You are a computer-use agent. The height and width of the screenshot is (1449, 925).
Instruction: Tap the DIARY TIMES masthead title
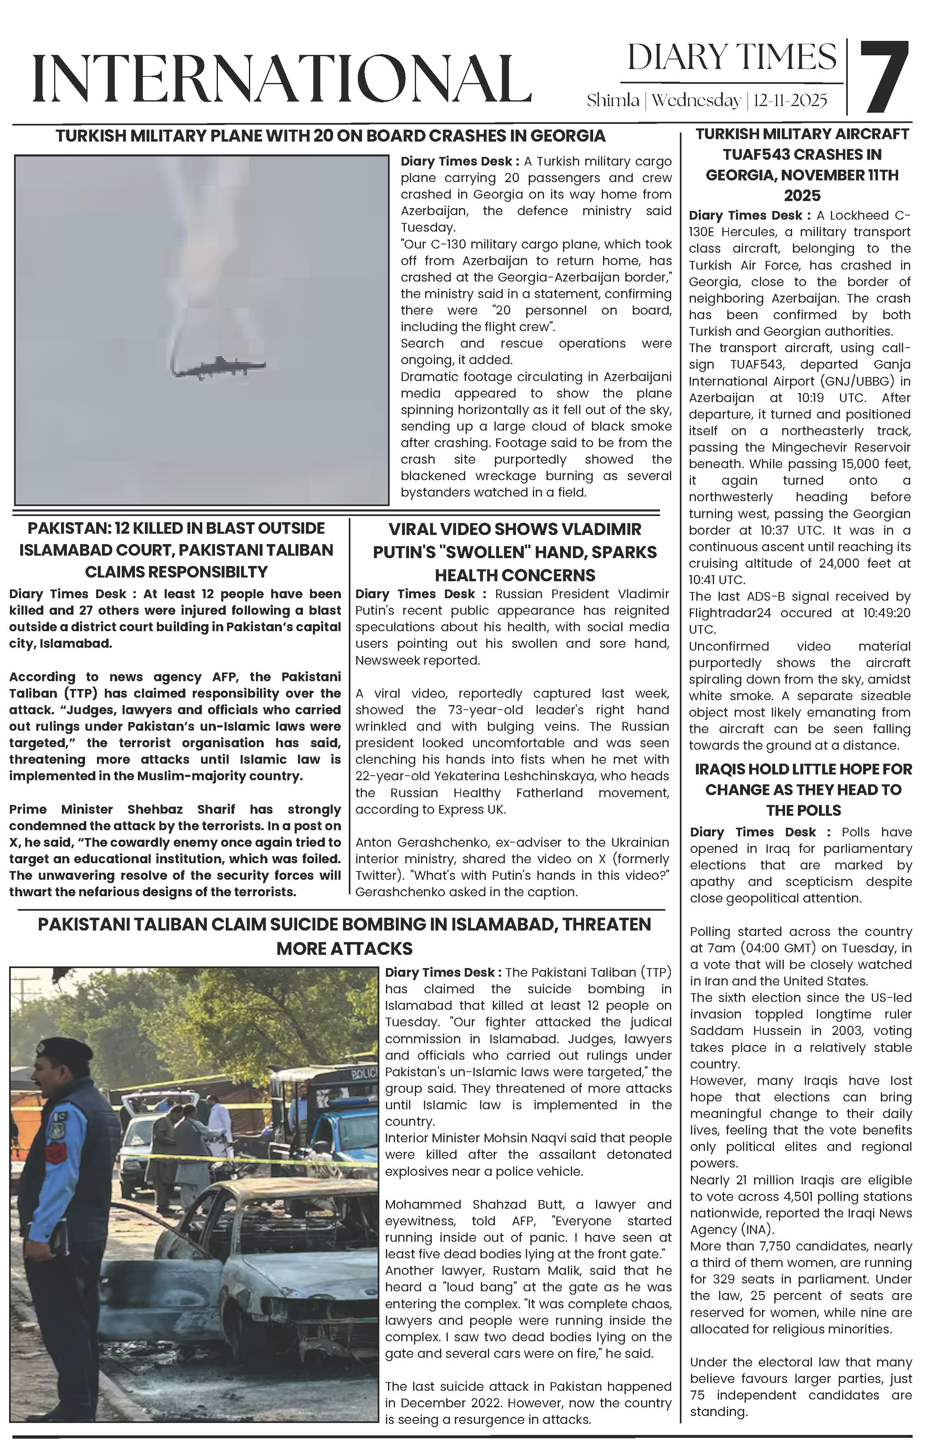731,57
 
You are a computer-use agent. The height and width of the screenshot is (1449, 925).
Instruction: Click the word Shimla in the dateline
613,100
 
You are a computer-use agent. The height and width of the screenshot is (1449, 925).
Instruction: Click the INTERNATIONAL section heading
282,78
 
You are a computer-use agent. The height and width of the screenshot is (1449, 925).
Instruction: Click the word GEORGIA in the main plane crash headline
569,135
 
